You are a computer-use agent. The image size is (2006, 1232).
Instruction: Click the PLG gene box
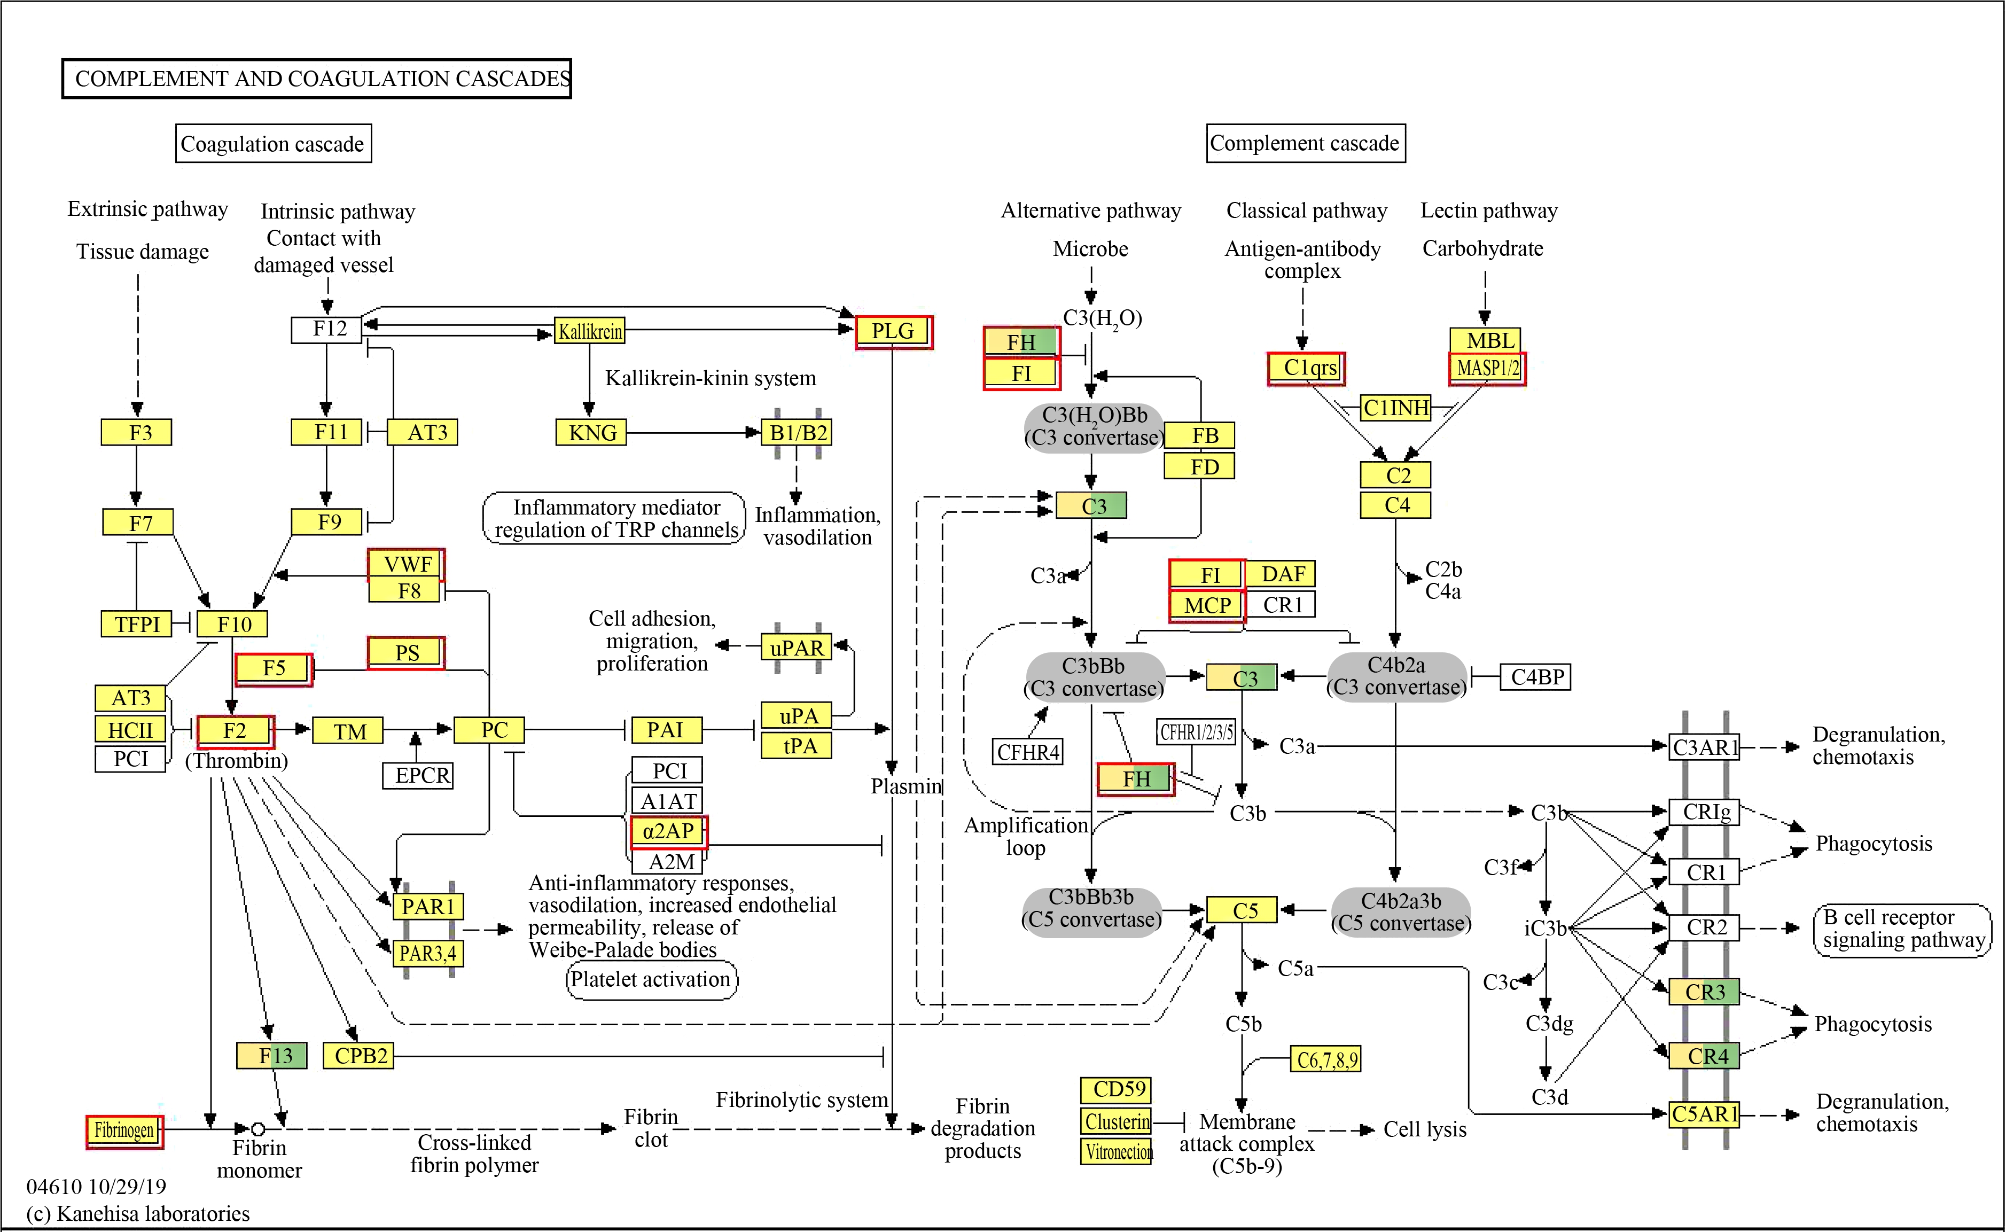[893, 332]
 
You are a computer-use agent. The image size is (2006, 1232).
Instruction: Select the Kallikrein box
[589, 331]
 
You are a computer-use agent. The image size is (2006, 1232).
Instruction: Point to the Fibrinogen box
[124, 1131]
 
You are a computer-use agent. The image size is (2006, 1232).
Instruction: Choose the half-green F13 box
[271, 1056]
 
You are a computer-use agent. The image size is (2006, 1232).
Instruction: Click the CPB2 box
[358, 1056]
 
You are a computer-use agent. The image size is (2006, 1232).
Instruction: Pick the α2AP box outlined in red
[669, 832]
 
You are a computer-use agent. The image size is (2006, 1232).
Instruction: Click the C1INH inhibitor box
[1396, 408]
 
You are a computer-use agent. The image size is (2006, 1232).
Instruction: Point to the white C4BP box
[1536, 677]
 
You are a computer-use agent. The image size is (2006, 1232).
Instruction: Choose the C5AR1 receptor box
[1705, 1114]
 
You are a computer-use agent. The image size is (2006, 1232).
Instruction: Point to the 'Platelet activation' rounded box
[652, 979]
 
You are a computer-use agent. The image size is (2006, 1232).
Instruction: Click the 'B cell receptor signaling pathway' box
[1902, 930]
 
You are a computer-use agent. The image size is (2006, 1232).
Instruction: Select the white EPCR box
[418, 775]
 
